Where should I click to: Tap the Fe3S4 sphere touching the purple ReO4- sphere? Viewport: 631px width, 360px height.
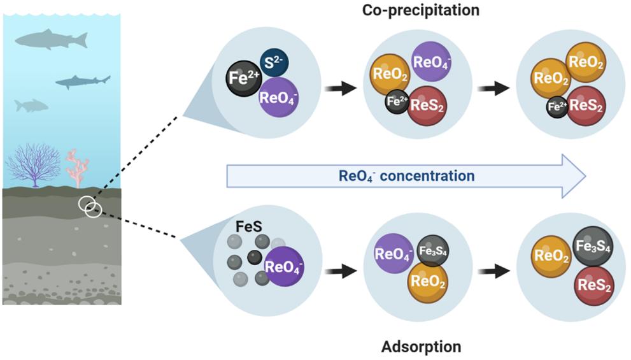[434, 250]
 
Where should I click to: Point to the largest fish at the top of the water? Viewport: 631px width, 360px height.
[51, 40]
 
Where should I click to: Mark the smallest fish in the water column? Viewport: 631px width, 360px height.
[31, 105]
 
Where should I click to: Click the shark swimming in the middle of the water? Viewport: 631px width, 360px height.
[82, 82]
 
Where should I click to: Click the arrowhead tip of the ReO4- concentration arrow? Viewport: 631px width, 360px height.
[585, 175]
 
